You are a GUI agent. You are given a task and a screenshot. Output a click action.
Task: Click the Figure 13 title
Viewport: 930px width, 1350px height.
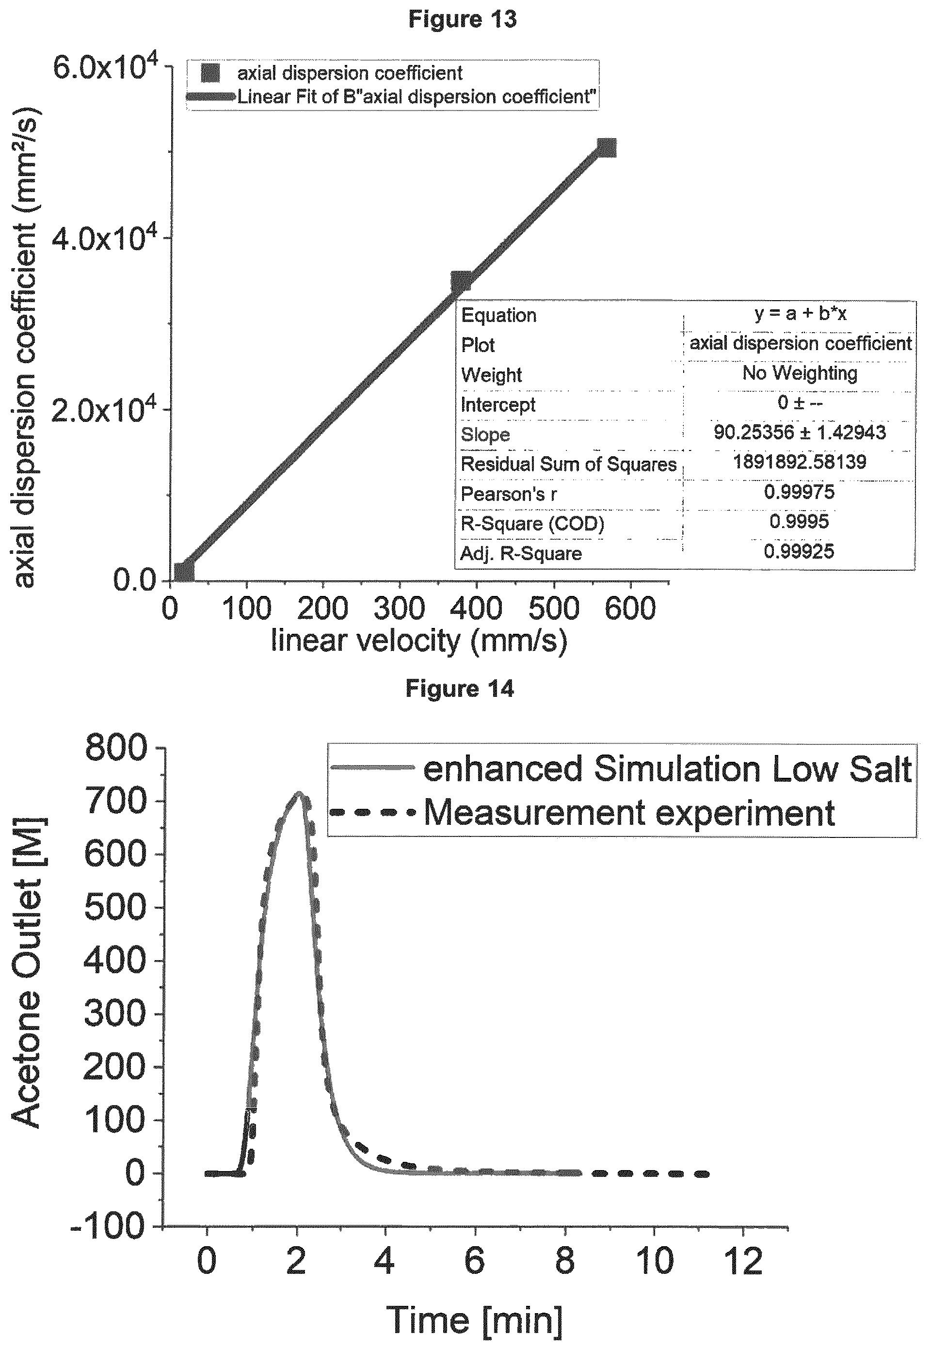pos(462,19)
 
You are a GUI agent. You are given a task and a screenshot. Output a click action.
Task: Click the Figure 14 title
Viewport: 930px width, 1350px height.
pos(460,689)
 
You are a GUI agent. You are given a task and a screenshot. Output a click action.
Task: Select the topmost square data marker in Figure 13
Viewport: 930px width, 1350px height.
pos(607,148)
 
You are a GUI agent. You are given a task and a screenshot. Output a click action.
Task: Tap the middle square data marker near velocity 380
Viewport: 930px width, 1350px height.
pos(462,281)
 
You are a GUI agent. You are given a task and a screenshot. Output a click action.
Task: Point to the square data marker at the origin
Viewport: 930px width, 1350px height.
pos(184,572)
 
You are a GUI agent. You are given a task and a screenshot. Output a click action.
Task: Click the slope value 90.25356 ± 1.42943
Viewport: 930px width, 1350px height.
pos(800,433)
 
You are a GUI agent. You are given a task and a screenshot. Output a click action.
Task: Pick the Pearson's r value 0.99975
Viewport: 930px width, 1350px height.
pos(799,492)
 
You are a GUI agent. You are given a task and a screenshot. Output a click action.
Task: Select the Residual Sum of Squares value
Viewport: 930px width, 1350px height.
pos(800,462)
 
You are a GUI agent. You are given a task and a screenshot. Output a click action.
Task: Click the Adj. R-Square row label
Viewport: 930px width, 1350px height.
pos(521,553)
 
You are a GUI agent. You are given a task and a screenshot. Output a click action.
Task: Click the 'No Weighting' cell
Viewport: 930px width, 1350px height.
pos(800,373)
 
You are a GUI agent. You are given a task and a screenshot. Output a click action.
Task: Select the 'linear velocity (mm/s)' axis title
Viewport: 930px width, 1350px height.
pos(419,641)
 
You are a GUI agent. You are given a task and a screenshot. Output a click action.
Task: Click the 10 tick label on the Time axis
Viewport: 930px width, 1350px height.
pos(655,1261)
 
